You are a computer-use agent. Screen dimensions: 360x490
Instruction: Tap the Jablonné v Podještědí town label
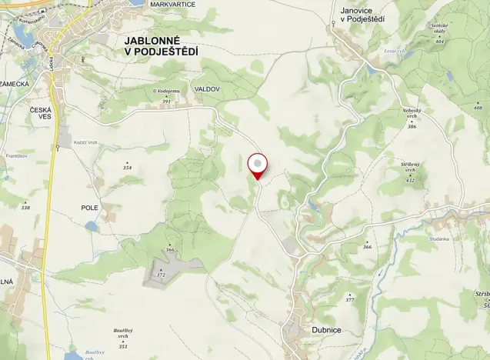pyautogui.click(x=161, y=45)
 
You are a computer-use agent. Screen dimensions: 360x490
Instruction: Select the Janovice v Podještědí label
pyautogui.click(x=362, y=15)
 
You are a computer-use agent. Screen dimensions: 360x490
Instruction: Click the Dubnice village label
pyautogui.click(x=326, y=330)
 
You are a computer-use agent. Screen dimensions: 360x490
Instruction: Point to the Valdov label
pyautogui.click(x=208, y=89)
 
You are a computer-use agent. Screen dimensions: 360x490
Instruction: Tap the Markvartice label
pyautogui.click(x=173, y=5)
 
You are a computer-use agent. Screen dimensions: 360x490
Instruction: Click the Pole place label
pyautogui.click(x=90, y=208)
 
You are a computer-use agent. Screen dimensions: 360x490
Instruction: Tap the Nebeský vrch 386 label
pyautogui.click(x=413, y=117)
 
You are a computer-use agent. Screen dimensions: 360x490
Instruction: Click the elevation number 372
pyautogui.click(x=161, y=275)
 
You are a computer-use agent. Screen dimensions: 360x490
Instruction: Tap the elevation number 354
pyautogui.click(x=127, y=168)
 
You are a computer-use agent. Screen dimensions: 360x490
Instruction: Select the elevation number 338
pyautogui.click(x=25, y=208)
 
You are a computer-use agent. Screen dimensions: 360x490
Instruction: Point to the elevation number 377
pyautogui.click(x=350, y=299)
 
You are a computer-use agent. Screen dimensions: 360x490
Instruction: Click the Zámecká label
pyautogui.click(x=15, y=83)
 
